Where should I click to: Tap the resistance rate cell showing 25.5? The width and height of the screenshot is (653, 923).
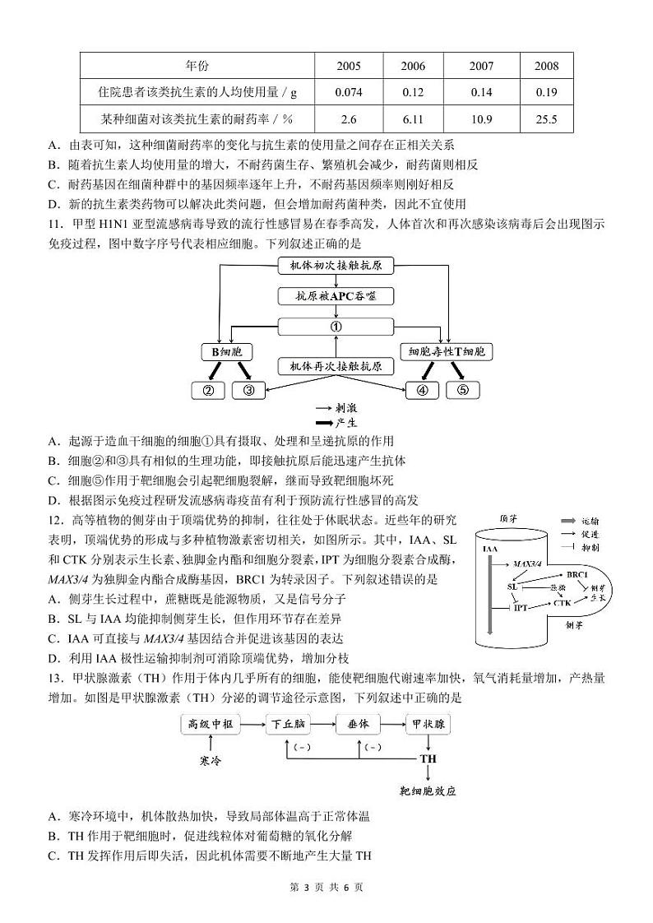(546, 119)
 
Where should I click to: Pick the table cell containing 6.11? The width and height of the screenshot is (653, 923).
(413, 119)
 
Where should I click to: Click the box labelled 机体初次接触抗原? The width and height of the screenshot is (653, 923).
(336, 266)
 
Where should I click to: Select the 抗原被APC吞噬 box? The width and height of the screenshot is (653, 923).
(336, 296)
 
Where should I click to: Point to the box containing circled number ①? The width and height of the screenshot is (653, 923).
(336, 327)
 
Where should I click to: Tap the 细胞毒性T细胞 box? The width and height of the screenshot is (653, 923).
(447, 352)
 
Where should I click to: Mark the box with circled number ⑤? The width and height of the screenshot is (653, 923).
(462, 390)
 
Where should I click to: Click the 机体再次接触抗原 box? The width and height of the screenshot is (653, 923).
(336, 365)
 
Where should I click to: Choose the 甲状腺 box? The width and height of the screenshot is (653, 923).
(428, 724)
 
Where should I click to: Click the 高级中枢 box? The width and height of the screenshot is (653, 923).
(211, 724)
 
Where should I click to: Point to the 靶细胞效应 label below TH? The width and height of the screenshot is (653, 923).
(428, 791)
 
